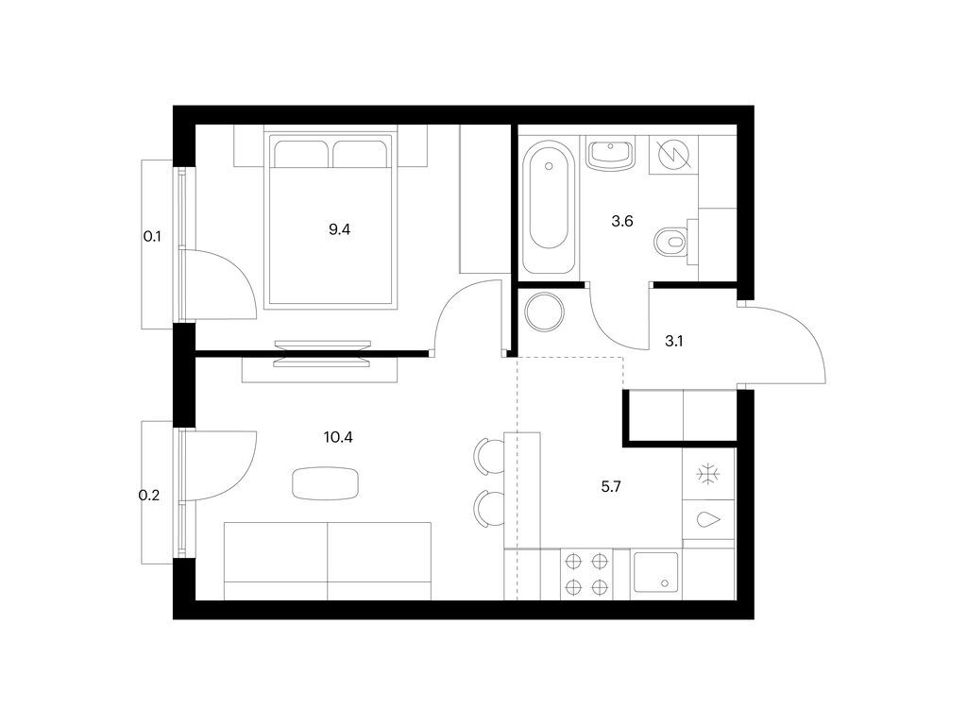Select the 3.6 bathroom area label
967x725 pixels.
click(x=621, y=222)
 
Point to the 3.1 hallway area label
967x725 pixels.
click(x=673, y=342)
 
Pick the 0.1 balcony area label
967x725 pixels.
click(x=152, y=237)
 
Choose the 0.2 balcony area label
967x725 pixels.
click(x=149, y=494)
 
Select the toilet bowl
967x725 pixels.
click(x=671, y=242)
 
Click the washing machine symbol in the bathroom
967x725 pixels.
click(x=674, y=154)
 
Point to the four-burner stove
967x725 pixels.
click(x=585, y=574)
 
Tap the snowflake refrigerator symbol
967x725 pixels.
click(x=707, y=475)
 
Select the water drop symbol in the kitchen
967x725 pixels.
click(x=707, y=520)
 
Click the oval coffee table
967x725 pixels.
click(x=326, y=482)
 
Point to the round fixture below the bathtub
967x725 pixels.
click(x=544, y=312)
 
